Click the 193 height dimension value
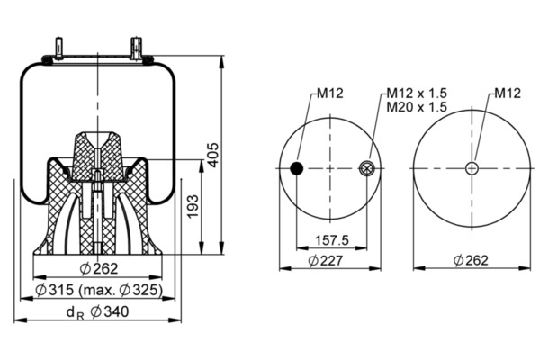[193, 206]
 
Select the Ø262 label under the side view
[99, 269]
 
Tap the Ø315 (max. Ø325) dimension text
[99, 290]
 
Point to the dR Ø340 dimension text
[97, 312]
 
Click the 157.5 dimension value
[332, 240]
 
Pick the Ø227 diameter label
[326, 260]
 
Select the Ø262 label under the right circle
[471, 260]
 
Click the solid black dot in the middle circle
[296, 169]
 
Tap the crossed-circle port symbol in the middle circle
[366, 169]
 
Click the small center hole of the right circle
[472, 169]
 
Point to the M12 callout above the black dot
[330, 93]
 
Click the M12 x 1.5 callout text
[417, 93]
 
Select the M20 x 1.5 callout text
[417, 107]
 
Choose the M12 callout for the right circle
[508, 93]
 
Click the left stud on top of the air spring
[58, 48]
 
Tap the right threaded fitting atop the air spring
[137, 48]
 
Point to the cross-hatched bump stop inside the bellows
[98, 156]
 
